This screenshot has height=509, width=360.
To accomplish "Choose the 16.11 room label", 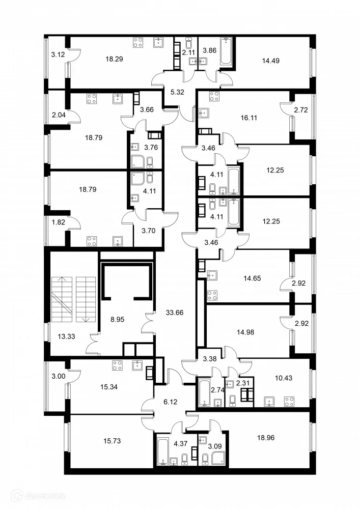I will (251, 117).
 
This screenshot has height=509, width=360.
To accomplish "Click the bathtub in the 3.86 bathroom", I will (225, 51).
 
